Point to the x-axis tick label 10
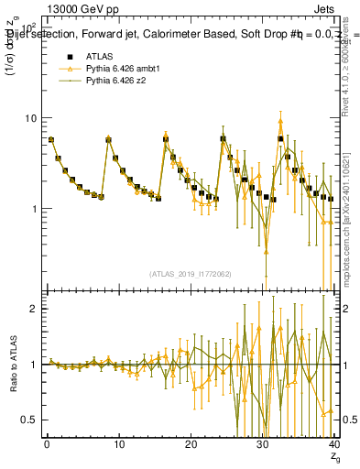(118, 446)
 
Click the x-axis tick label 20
(191, 446)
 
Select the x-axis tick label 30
(263, 446)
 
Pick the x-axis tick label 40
(333, 446)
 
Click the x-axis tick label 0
(47, 446)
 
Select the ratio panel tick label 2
(35, 309)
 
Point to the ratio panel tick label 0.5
(30, 420)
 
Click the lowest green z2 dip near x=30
(266, 275)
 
